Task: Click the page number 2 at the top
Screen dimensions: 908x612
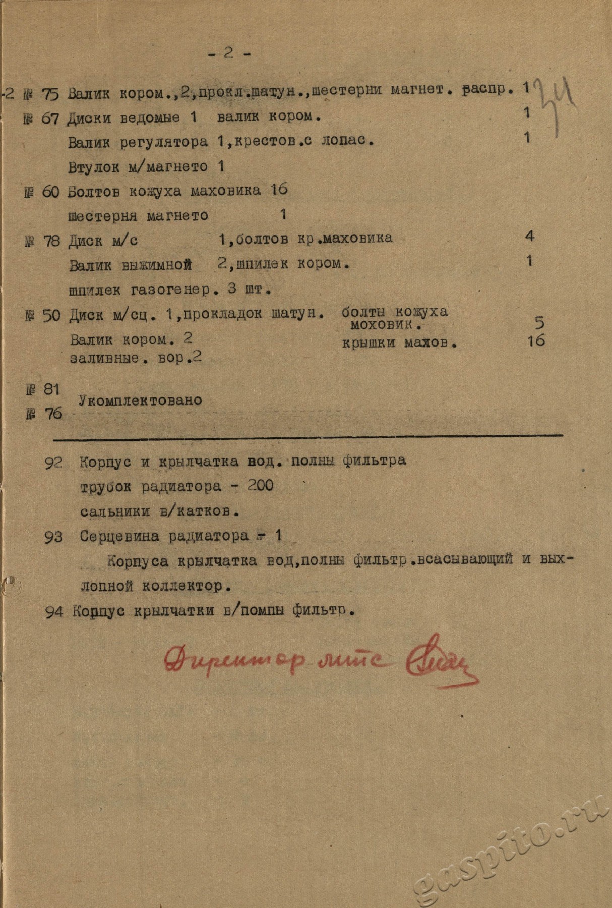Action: (229, 53)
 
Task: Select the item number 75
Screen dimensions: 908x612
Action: (50, 94)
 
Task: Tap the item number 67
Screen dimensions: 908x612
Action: (50, 119)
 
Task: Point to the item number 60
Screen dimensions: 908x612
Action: (50, 192)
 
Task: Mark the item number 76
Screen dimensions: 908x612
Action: (53, 414)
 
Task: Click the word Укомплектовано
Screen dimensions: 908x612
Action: (140, 401)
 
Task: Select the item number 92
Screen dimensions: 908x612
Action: (53, 462)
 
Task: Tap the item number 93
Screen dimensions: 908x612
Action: (53, 537)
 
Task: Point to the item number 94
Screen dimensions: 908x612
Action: (54, 612)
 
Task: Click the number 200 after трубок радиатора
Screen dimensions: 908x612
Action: (260, 486)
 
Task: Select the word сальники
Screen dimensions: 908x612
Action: (115, 511)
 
